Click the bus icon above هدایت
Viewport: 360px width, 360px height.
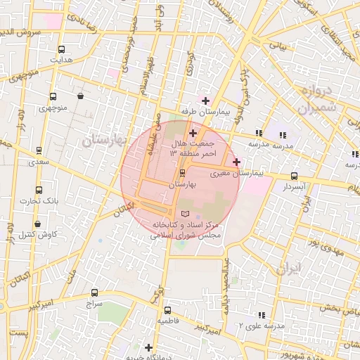(61, 49)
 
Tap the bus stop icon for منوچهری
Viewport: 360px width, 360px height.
(53, 97)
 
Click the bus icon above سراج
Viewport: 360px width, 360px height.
(94, 293)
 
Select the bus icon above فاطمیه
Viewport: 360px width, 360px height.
(167, 310)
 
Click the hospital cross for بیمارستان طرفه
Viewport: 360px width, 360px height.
(205, 101)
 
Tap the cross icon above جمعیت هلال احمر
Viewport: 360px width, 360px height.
(193, 132)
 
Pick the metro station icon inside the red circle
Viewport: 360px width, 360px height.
(183, 172)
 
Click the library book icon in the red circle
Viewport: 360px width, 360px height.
(186, 212)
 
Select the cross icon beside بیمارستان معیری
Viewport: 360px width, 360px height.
(236, 162)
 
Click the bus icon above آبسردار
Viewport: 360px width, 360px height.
(293, 176)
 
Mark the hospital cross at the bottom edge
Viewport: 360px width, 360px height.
(148, 347)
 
